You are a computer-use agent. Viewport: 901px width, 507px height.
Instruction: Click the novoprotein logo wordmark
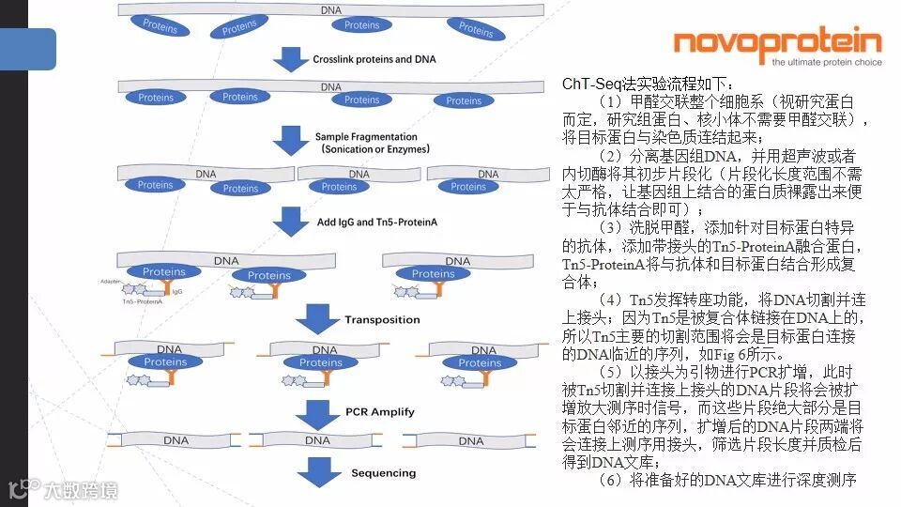778,42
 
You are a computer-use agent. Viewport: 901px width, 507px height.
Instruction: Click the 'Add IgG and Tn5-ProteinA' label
376,222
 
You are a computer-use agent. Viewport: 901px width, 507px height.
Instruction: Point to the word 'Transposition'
382,320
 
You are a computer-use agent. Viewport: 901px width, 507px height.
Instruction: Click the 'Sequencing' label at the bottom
383,473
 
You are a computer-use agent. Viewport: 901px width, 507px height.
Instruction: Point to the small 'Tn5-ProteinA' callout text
116,301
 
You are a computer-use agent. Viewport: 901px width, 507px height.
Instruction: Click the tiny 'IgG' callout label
177,292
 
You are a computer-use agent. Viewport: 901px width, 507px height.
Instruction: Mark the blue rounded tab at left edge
28,49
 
